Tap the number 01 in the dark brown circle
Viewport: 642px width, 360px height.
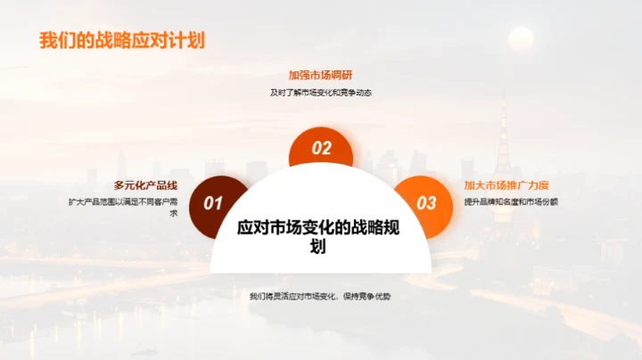213,204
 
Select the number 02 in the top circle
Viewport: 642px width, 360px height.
321,149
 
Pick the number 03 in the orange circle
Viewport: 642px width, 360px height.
427,204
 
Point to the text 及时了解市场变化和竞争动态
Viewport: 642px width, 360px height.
321,92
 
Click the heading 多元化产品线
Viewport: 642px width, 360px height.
145,185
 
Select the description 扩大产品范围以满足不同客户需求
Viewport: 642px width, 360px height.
123,207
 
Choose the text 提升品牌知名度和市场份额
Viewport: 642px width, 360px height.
511,201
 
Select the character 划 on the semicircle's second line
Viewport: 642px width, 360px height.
318,247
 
